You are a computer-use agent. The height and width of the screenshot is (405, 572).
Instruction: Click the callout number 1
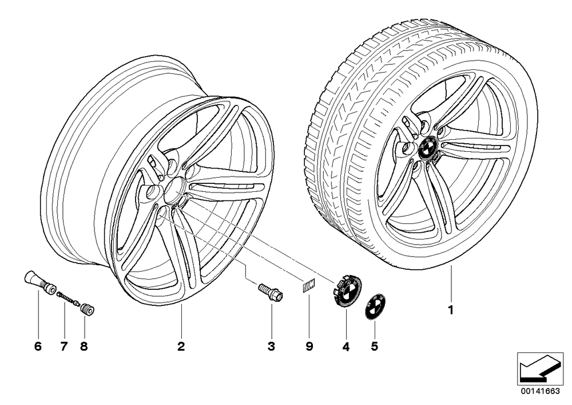(x=451, y=310)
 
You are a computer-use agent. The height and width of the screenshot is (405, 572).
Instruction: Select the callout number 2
(x=181, y=346)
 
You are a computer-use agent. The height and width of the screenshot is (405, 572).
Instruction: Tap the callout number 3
(x=271, y=346)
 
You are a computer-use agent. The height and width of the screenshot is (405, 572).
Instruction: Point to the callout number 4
(x=346, y=346)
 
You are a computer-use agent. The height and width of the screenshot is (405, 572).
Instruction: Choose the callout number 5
(x=375, y=346)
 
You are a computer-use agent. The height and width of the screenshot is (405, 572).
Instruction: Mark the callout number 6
(x=38, y=346)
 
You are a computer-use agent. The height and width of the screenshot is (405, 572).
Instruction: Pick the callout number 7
(x=64, y=346)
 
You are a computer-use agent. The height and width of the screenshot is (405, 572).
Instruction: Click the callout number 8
(x=84, y=346)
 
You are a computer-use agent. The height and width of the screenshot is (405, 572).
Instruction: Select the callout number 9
(x=309, y=346)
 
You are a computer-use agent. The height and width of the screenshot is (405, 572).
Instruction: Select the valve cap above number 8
(x=88, y=308)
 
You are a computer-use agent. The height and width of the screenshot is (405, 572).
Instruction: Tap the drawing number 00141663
(x=540, y=391)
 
